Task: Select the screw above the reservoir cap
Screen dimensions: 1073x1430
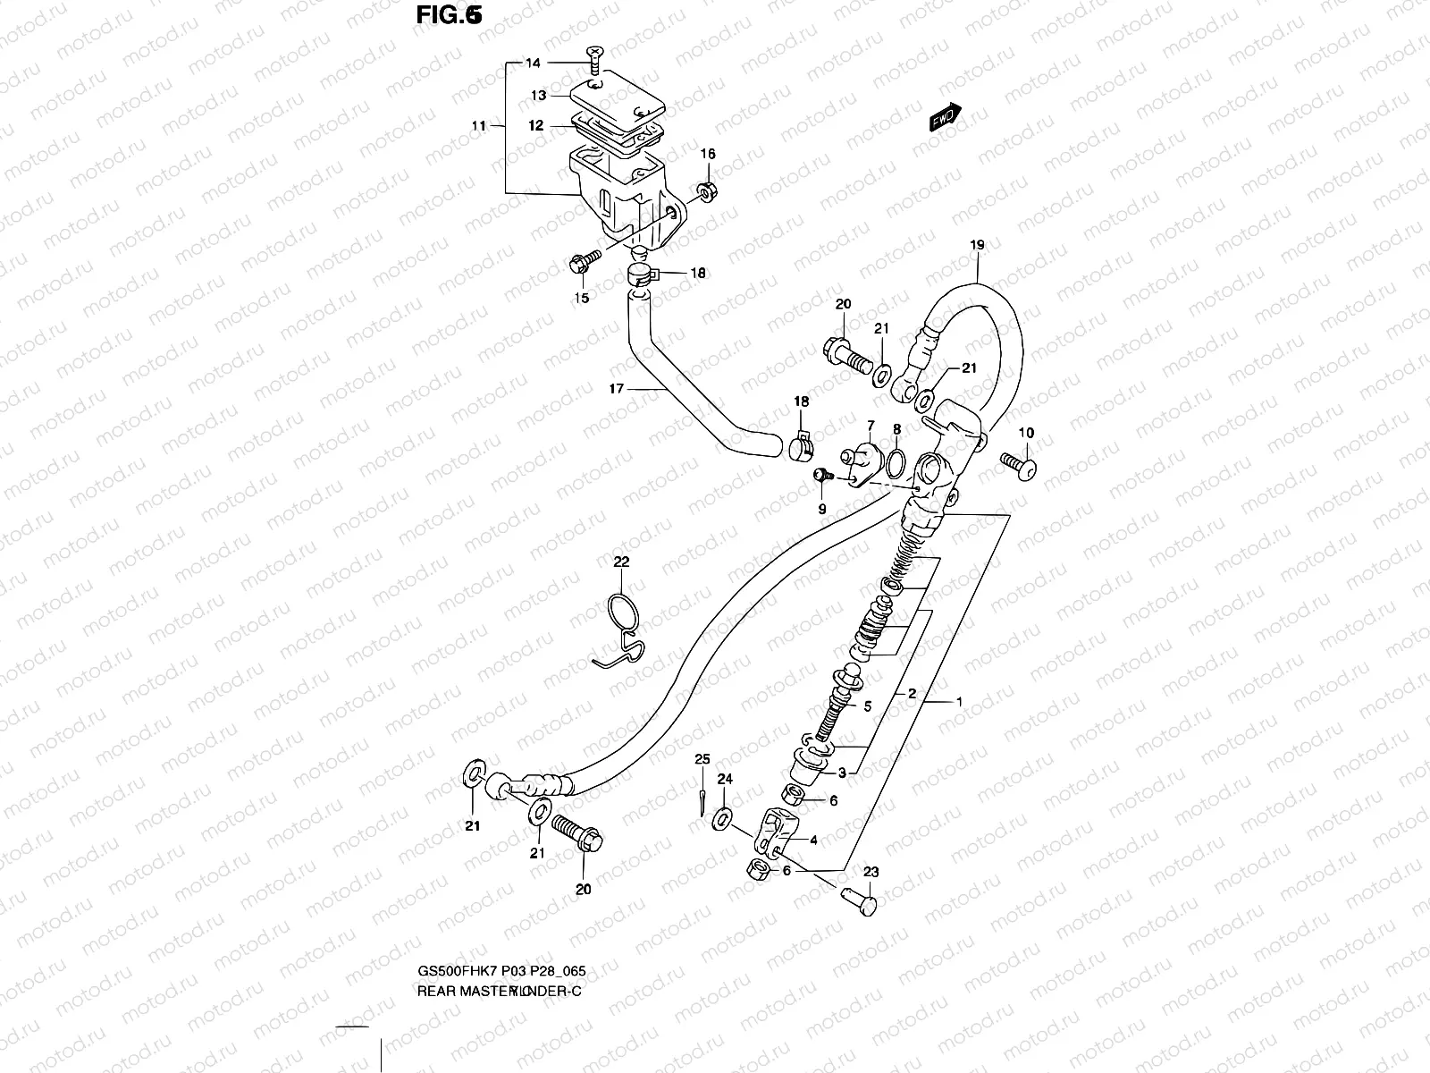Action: pyautogui.click(x=594, y=62)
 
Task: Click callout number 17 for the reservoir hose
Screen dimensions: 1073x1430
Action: pyautogui.click(x=615, y=389)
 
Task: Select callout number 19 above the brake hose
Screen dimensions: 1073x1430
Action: pyautogui.click(x=977, y=244)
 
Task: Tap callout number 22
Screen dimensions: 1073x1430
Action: pyautogui.click(x=621, y=562)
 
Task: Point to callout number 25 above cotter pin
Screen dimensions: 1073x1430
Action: pyautogui.click(x=702, y=760)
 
